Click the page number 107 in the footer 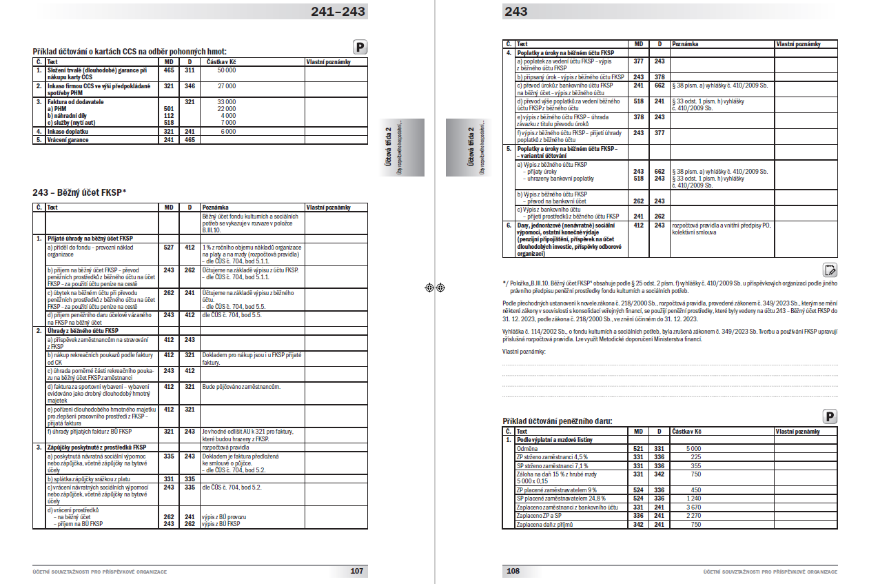[x=356, y=571]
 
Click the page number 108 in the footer [x=513, y=571]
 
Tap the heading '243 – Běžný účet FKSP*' [x=80, y=192]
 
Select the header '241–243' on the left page [x=338, y=12]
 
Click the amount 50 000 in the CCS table [x=226, y=70]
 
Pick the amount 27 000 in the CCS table [x=226, y=86]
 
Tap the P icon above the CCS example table [x=361, y=47]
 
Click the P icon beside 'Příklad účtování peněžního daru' [x=830, y=416]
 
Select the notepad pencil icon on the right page [x=830, y=270]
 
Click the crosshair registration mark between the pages [x=435, y=288]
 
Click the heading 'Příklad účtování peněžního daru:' [x=557, y=421]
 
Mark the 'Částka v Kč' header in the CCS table [x=222, y=62]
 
